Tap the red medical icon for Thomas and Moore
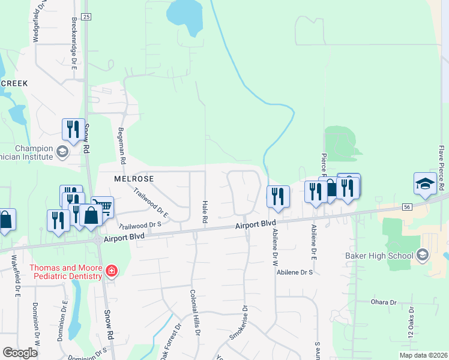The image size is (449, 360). (110, 272)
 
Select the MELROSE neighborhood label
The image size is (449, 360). (134, 179)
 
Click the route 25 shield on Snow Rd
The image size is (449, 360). (86, 17)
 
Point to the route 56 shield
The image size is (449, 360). (408, 206)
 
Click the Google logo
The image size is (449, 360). (20, 353)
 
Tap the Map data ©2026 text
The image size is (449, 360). (423, 355)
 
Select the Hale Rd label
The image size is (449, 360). (205, 213)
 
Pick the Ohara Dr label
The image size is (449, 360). (385, 302)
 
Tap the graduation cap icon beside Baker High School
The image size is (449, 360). (423, 256)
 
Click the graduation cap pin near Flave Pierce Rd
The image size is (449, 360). (424, 184)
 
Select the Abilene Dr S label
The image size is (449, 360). (295, 272)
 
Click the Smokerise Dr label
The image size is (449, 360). (238, 324)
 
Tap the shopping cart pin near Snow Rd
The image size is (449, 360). (103, 207)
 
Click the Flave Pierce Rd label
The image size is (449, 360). (441, 158)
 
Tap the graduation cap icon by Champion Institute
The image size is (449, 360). (62, 152)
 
